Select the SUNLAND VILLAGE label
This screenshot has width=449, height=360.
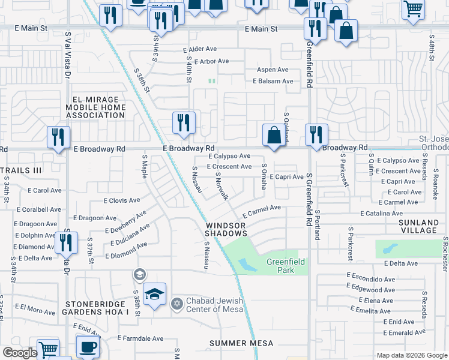coord(419,226)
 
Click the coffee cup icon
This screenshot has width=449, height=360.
coord(88,346)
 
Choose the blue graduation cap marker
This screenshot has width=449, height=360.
coord(154,294)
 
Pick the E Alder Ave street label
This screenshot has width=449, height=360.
coord(200,49)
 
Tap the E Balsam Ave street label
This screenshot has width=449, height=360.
coord(273,81)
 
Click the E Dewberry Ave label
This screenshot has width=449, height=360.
coord(125,221)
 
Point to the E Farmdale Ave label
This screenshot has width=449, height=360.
coord(140,338)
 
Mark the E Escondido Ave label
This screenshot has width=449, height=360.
coord(371,279)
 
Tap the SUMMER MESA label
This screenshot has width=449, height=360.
coord(241,343)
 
